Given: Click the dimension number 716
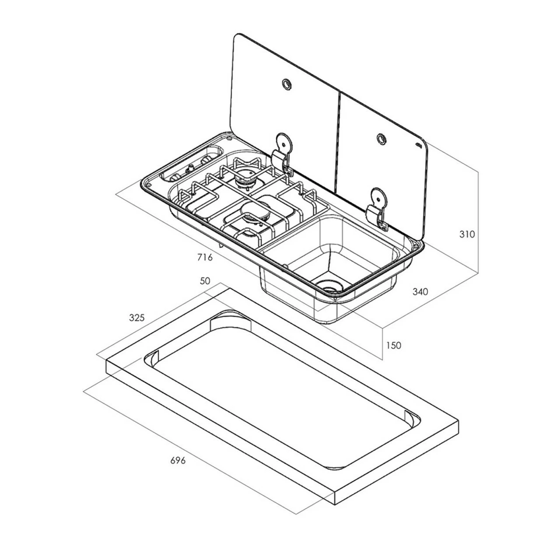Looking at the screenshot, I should coord(205,257).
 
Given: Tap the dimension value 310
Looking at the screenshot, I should coord(467,234).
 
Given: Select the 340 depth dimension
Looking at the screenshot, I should coord(420,291).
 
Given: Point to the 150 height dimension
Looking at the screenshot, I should coord(393,345).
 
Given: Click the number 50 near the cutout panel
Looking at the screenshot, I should coord(205,281).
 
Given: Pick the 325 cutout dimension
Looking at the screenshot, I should coord(137,317).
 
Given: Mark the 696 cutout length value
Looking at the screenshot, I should coord(178,460).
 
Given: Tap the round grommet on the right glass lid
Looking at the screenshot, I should coord(381,139).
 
